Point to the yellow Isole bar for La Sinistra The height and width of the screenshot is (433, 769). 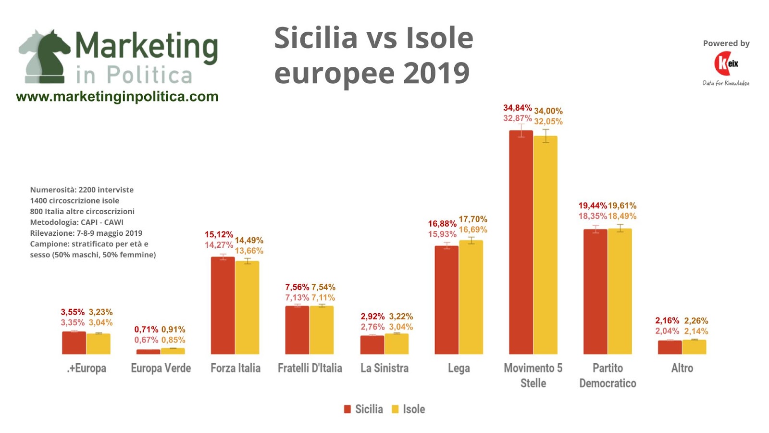point(397,344)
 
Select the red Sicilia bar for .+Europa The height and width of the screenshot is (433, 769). point(74,343)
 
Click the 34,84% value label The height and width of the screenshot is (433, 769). point(517,108)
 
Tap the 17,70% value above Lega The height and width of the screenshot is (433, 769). point(473,219)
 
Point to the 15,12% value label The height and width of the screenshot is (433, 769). point(219,235)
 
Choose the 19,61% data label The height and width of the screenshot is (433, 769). point(622,206)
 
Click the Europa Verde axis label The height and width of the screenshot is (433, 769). point(161,369)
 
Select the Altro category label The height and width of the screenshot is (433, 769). point(682,369)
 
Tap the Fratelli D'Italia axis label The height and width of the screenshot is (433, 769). point(310,369)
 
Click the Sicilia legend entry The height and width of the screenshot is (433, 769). point(364,409)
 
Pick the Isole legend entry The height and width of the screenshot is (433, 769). point(409,409)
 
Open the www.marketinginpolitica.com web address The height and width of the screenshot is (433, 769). point(117,97)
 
